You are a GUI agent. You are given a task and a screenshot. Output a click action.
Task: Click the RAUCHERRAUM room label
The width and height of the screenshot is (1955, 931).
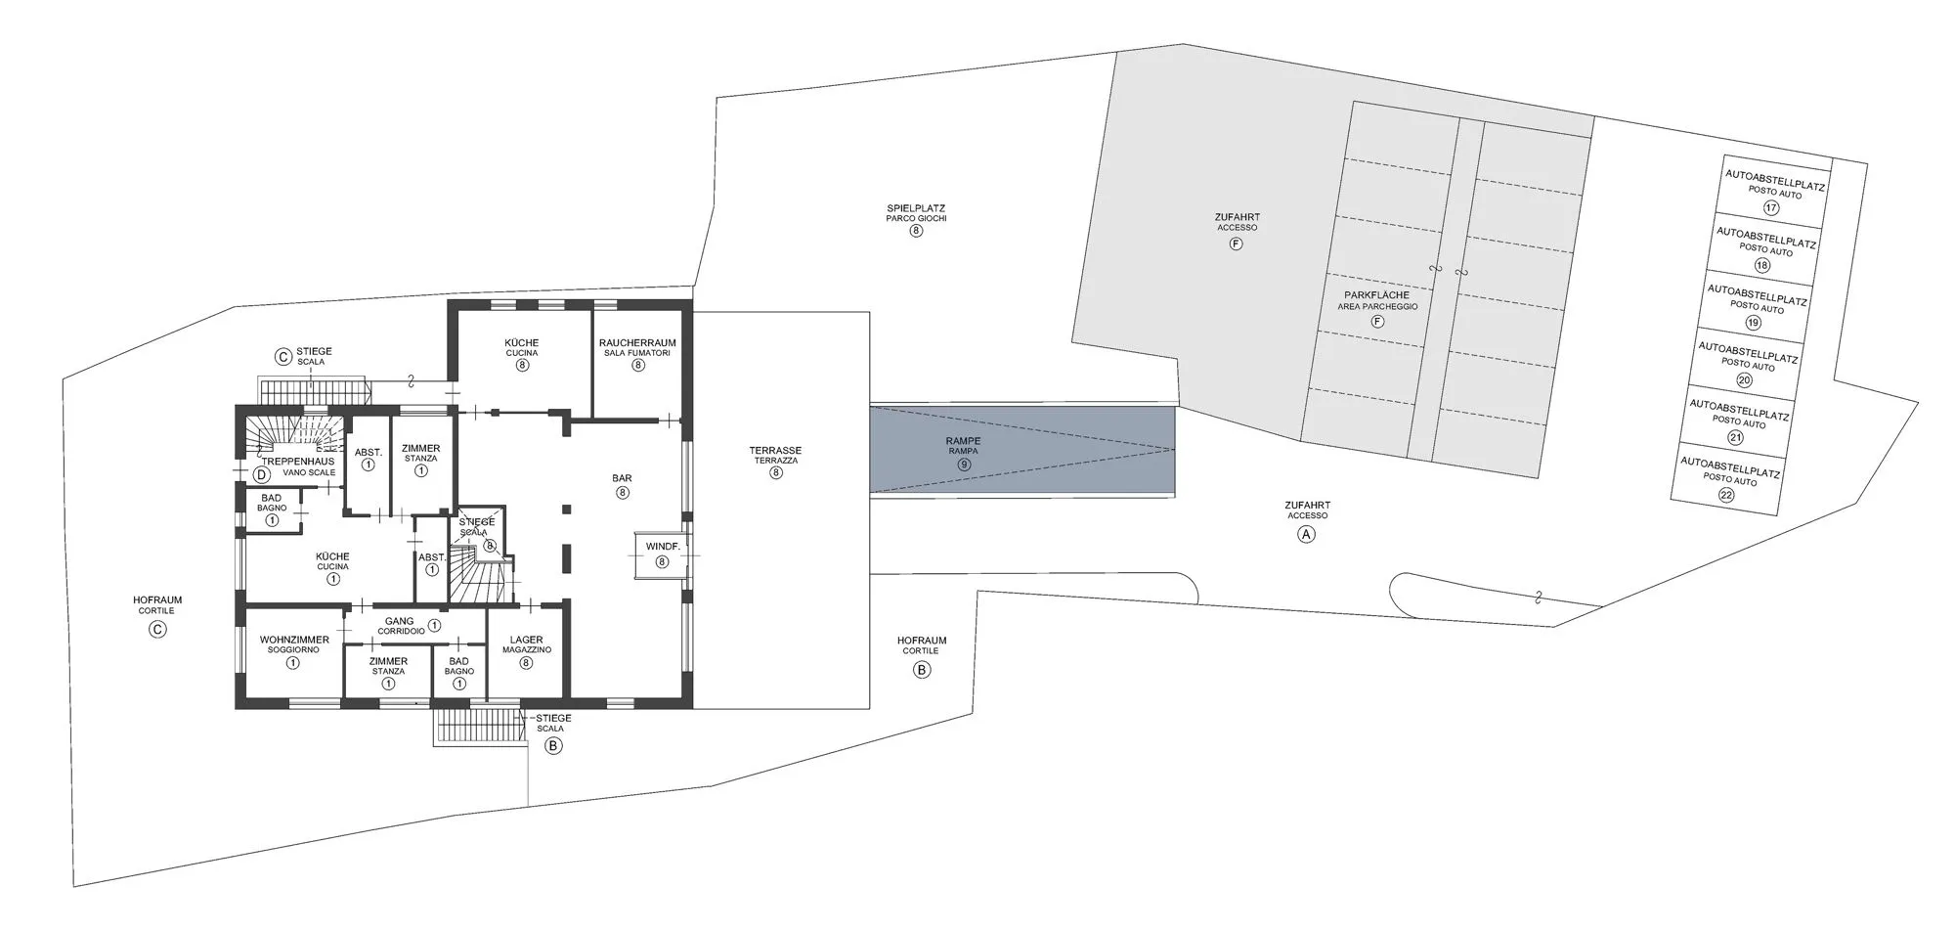(x=637, y=343)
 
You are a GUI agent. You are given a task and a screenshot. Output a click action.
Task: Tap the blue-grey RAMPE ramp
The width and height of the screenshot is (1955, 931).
(x=1021, y=451)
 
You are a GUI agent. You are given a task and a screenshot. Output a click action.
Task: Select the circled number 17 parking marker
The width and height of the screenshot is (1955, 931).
(x=1770, y=207)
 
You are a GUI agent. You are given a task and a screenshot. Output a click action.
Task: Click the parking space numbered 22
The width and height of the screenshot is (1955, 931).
(x=1727, y=479)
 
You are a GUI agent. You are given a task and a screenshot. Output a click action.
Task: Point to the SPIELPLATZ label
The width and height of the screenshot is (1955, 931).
(x=916, y=208)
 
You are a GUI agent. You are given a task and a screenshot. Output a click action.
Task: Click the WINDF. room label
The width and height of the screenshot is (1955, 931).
(x=663, y=546)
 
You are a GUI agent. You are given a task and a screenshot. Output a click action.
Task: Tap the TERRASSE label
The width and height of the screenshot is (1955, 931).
(x=775, y=451)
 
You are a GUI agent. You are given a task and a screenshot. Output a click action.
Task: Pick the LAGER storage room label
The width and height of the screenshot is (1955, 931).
(x=526, y=640)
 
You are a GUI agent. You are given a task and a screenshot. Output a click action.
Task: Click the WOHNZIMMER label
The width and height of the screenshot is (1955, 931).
(x=294, y=640)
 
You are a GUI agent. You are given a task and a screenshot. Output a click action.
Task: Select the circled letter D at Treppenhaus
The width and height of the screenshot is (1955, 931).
(x=261, y=475)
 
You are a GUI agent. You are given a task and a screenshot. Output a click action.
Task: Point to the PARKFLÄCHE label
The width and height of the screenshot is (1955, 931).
(x=1376, y=295)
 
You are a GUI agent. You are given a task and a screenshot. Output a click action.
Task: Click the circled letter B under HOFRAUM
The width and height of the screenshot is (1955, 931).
(x=921, y=670)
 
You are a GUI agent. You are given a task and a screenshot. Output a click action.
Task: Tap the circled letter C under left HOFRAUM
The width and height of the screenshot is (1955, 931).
(x=157, y=630)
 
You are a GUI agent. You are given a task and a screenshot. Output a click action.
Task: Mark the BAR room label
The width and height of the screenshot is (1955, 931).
(x=622, y=478)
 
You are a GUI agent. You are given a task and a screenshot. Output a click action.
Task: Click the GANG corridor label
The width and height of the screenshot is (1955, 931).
(x=399, y=621)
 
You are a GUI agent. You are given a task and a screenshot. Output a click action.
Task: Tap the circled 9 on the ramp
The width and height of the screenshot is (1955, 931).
(x=964, y=465)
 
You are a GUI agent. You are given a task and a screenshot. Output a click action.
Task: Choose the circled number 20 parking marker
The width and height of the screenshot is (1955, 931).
(x=1745, y=380)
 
